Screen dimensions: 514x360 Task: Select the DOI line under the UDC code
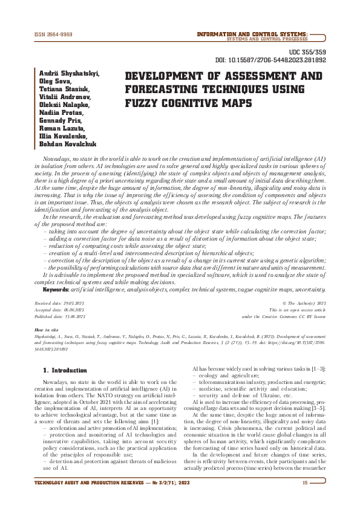270,61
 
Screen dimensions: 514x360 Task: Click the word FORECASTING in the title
170,89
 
